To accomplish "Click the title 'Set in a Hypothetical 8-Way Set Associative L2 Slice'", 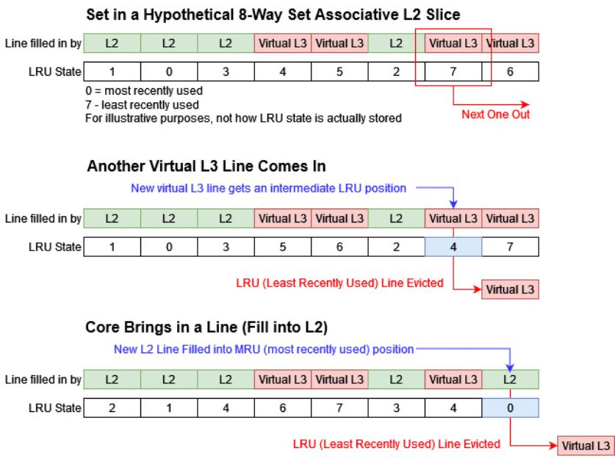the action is click(x=273, y=15).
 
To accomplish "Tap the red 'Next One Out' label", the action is click(x=495, y=115).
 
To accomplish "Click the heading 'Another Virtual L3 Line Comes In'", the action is click(x=206, y=166).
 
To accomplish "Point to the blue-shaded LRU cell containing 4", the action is click(x=453, y=247).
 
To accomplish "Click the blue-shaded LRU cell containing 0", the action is click(x=510, y=408).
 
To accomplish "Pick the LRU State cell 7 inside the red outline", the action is click(x=453, y=72).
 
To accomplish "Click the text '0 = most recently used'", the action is click(x=144, y=90).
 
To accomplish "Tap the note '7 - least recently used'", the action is click(x=142, y=105).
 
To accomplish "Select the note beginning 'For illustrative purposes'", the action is click(x=243, y=118).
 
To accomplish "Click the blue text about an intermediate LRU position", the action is click(x=268, y=188).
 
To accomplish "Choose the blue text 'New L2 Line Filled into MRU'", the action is click(x=264, y=350).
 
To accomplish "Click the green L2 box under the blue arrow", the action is click(x=510, y=380).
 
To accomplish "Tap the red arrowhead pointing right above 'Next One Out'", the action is click(x=525, y=104).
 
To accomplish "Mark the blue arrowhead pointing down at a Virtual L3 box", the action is click(x=453, y=204).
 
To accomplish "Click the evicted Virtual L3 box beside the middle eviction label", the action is click(x=510, y=289).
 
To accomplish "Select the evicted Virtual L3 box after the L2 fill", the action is click(x=586, y=446).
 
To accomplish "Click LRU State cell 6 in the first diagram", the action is click(x=510, y=72).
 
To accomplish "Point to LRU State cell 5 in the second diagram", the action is click(x=283, y=247).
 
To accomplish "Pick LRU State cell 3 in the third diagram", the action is click(x=397, y=408).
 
